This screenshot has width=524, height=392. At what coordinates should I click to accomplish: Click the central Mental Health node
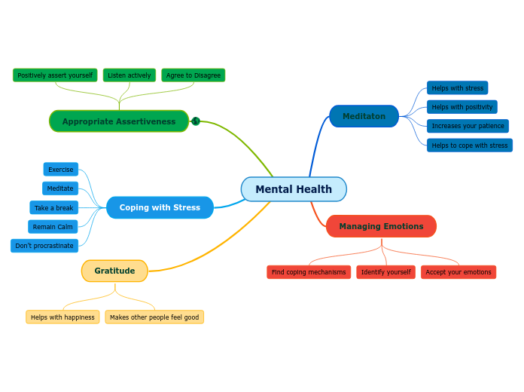tap(294, 189)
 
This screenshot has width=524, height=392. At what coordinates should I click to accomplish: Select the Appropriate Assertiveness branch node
tap(119, 121)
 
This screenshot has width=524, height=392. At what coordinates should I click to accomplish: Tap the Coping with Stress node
tap(160, 207)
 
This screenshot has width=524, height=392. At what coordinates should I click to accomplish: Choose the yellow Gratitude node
tap(114, 271)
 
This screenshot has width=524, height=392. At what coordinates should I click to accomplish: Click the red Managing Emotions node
tap(381, 226)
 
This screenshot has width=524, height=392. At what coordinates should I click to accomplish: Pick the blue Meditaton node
tap(364, 116)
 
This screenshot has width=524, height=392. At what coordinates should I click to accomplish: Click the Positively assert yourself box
tap(55, 75)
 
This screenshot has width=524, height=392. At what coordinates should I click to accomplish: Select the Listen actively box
tap(129, 75)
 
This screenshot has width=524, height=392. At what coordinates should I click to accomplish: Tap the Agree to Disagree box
tap(193, 75)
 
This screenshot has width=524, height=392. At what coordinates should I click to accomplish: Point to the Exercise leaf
tap(61, 170)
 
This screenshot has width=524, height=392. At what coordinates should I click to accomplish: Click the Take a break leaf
tap(54, 208)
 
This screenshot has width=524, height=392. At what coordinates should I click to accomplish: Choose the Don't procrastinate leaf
tap(44, 246)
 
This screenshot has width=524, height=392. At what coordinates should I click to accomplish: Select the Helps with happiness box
tap(62, 317)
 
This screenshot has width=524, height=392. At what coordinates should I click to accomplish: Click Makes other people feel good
tap(154, 317)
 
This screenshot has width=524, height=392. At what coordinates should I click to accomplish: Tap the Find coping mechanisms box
tap(309, 272)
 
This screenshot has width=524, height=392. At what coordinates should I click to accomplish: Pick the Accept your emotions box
tap(458, 272)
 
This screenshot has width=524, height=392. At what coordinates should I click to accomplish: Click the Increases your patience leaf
tap(468, 126)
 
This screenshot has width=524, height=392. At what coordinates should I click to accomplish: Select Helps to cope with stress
tap(470, 145)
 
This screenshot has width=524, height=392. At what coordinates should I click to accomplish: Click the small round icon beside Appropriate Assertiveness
tap(196, 121)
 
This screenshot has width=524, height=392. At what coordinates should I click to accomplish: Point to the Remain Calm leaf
tap(53, 227)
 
